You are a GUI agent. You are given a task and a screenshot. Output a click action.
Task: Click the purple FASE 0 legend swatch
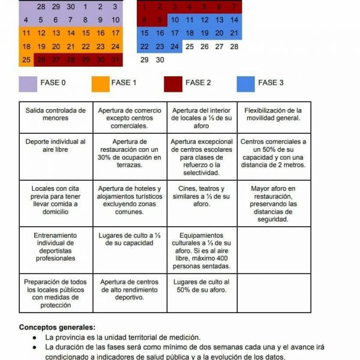29,83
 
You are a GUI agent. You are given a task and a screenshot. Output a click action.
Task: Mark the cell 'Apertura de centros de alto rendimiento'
129,289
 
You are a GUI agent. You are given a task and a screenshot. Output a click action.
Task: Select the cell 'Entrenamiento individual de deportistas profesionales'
55,247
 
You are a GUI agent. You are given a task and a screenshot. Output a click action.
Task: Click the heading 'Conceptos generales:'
57,328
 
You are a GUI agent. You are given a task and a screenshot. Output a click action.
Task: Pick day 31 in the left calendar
115,60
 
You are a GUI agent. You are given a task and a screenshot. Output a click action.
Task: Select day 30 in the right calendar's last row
160,60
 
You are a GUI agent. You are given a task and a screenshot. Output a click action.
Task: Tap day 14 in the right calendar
234,20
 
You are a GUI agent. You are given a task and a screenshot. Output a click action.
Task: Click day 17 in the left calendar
115,33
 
